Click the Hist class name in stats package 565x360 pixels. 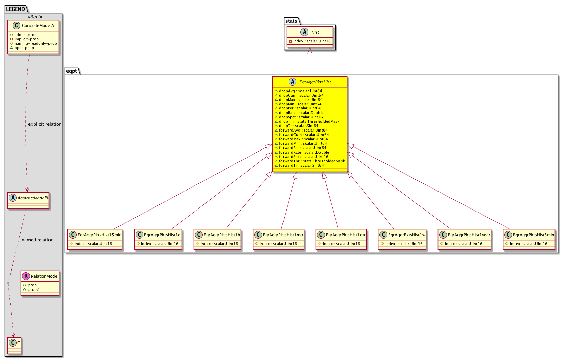pyautogui.click(x=315, y=32)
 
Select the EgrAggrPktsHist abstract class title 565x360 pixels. pyautogui.click(x=315, y=82)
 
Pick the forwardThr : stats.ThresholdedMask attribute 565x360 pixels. pyautogui.click(x=312, y=161)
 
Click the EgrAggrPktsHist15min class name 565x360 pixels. pyautogui.click(x=99, y=235)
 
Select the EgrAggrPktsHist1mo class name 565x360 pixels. pyautogui.click(x=283, y=235)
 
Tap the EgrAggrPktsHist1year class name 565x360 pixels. pyautogui.click(x=469, y=235)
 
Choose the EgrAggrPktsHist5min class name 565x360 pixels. pyautogui.click(x=533, y=235)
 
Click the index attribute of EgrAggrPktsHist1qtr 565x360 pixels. pyautogui.click(x=341, y=244)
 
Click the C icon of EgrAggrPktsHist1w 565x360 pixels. pyautogui.click(x=383, y=235)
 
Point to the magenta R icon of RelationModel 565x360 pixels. pyautogui.click(x=26, y=276)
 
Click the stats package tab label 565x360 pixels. pyautogui.click(x=291, y=21)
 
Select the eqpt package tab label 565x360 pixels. pyautogui.click(x=71, y=71)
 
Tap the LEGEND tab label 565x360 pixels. pyautogui.click(x=15, y=9)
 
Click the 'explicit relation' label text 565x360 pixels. pyautogui.click(x=45, y=124)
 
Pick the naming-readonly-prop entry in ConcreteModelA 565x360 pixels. pyautogui.click(x=36, y=43)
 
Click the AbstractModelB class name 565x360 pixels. pyautogui.click(x=33, y=198)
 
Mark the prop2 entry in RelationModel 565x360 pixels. pyautogui.click(x=33, y=290)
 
